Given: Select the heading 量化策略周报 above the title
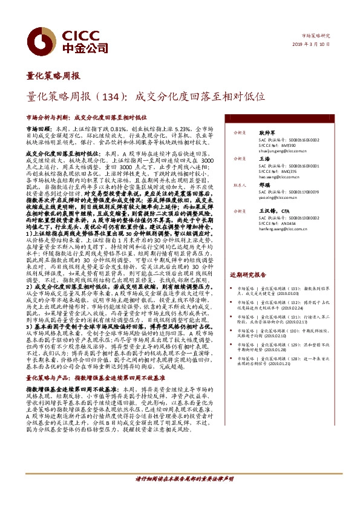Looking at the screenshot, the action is [53, 77].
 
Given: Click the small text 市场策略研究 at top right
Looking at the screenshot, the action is [315, 36].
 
